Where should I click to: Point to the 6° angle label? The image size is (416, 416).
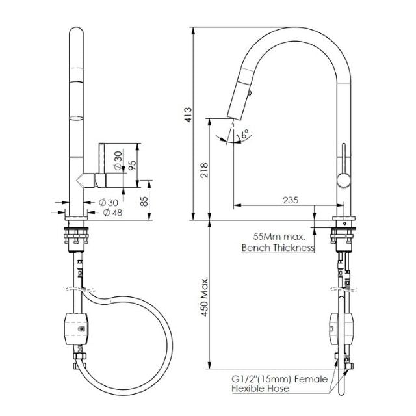pos(245,135)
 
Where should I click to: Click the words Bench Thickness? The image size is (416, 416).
pos(278,248)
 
